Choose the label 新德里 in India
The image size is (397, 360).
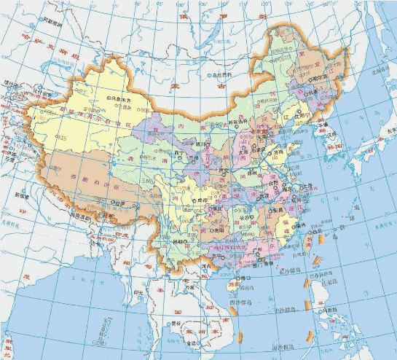pyautogui.click(x=21, y=196)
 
